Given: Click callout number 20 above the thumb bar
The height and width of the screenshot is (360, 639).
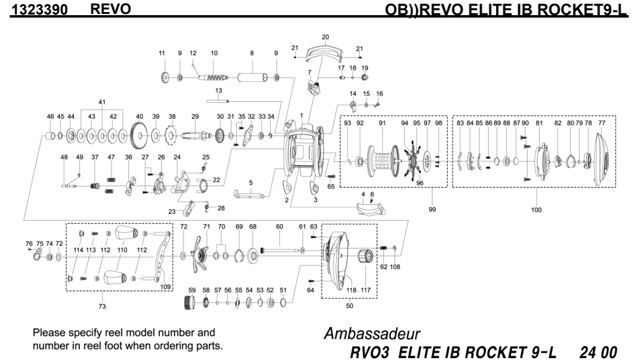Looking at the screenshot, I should pyautogui.click(x=325, y=37).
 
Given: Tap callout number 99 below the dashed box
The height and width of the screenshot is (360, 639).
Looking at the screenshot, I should pyautogui.click(x=432, y=209).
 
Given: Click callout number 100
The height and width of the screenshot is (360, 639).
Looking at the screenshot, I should pyautogui.click(x=536, y=210).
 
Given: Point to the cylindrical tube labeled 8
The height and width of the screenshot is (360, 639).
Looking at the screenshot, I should pyautogui.click(x=251, y=78).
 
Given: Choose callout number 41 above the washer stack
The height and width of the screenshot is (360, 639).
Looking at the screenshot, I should pyautogui.click(x=102, y=101).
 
